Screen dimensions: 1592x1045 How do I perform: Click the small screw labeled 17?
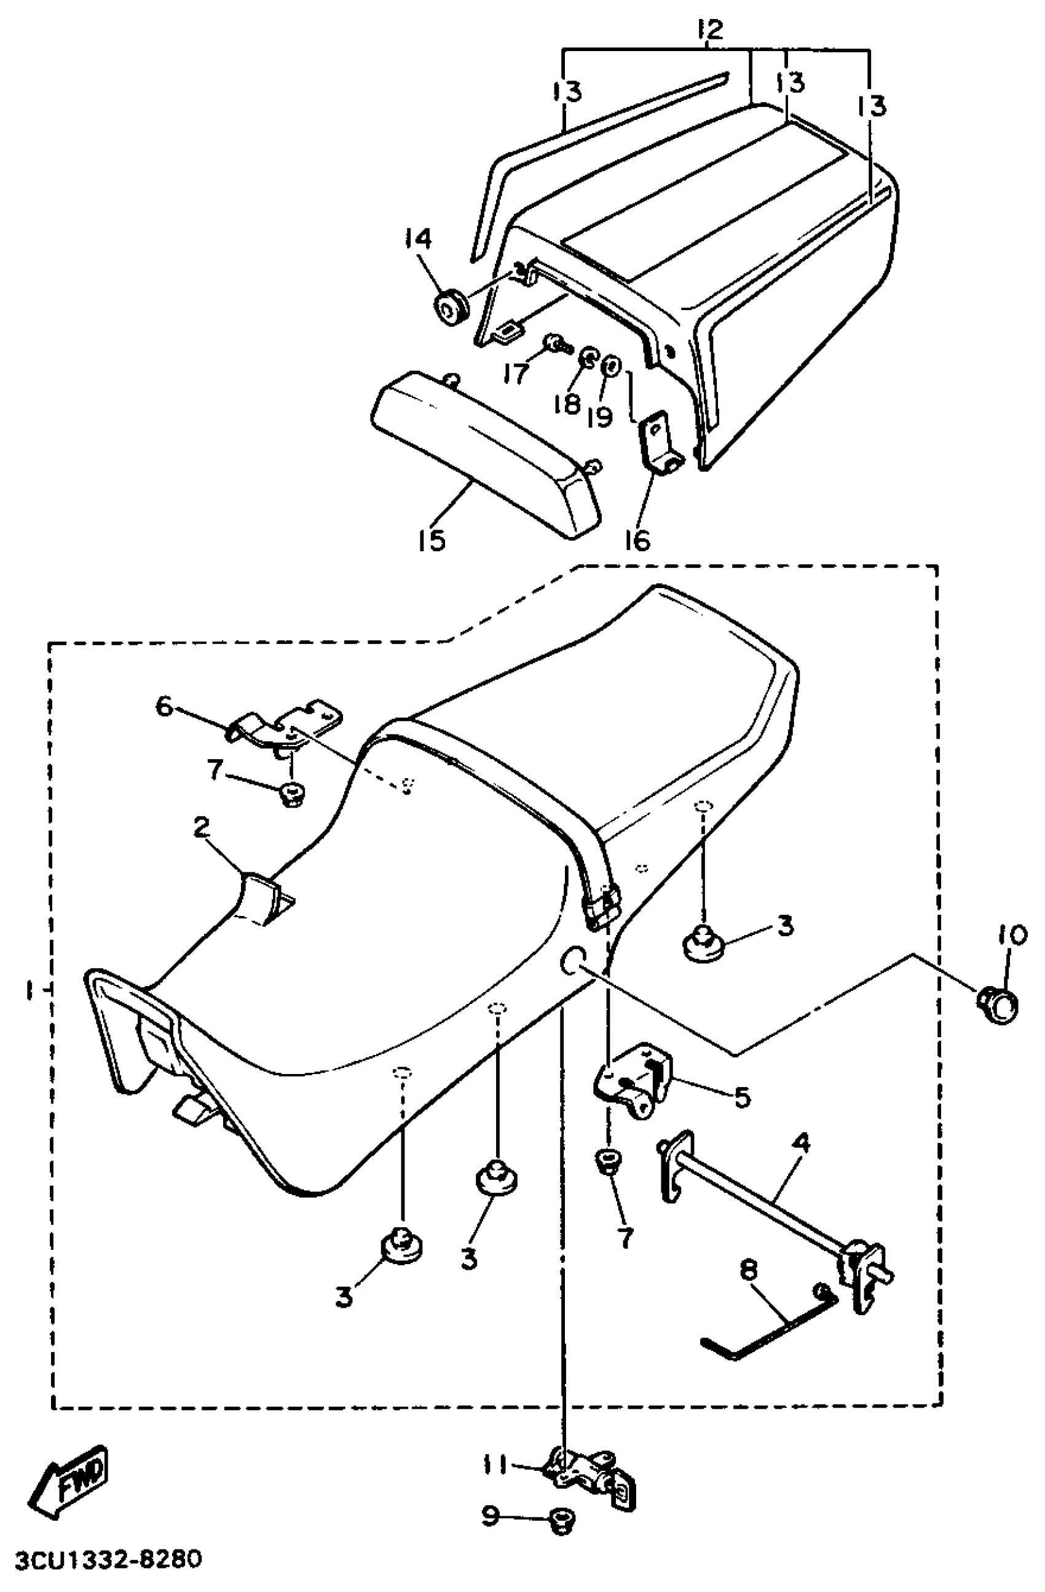point(556,344)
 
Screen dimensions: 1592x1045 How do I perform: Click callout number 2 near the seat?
point(201,827)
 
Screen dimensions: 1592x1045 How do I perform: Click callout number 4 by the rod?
point(800,1144)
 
